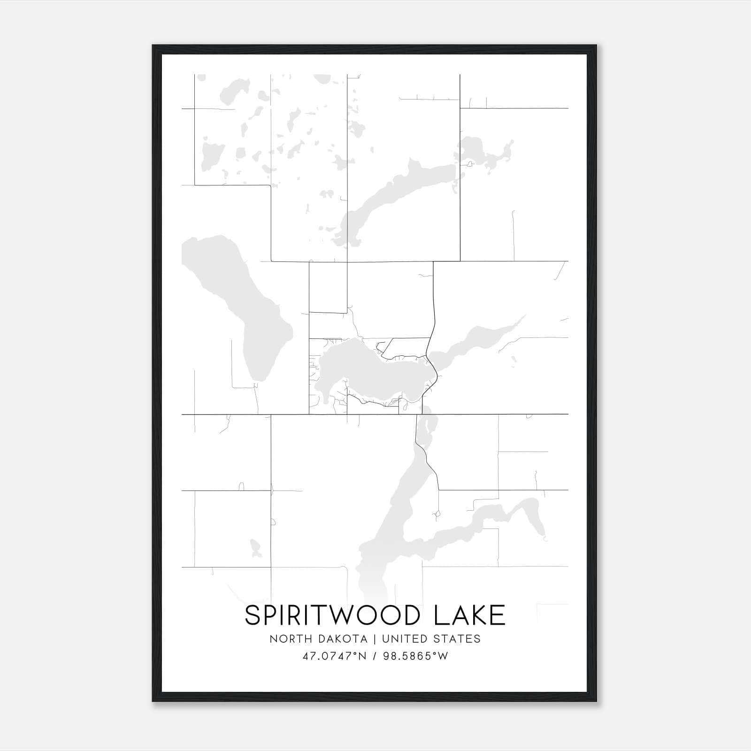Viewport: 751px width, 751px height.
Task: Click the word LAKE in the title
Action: point(470,615)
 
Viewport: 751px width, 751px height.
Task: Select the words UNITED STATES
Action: point(431,639)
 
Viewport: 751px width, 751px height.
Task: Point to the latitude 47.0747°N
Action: point(334,656)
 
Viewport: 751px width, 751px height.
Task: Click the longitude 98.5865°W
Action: point(415,656)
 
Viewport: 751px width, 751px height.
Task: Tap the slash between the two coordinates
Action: point(374,656)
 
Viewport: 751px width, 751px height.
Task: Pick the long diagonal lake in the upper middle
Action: point(399,192)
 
